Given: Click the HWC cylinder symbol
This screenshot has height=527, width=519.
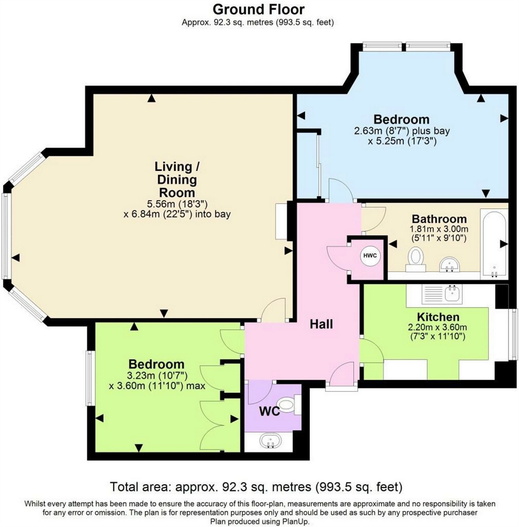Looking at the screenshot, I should [370, 256].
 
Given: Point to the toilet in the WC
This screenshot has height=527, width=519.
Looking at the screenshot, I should [289, 405].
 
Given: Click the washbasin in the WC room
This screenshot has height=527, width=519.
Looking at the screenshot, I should [270, 441].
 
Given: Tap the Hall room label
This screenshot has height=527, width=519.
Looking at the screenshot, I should [321, 324].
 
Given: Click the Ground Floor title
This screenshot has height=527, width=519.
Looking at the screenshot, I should [258, 9].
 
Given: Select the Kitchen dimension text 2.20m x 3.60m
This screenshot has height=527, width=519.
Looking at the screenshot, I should [437, 328].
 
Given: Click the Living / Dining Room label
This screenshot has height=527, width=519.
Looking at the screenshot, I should [177, 179].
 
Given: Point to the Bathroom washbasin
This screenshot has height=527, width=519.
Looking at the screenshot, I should [449, 265].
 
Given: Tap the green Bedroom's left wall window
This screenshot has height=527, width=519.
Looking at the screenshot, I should [90, 378].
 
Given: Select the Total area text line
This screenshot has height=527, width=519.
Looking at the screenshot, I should [256, 487].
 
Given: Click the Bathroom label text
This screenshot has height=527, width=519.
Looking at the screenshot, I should [439, 219].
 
